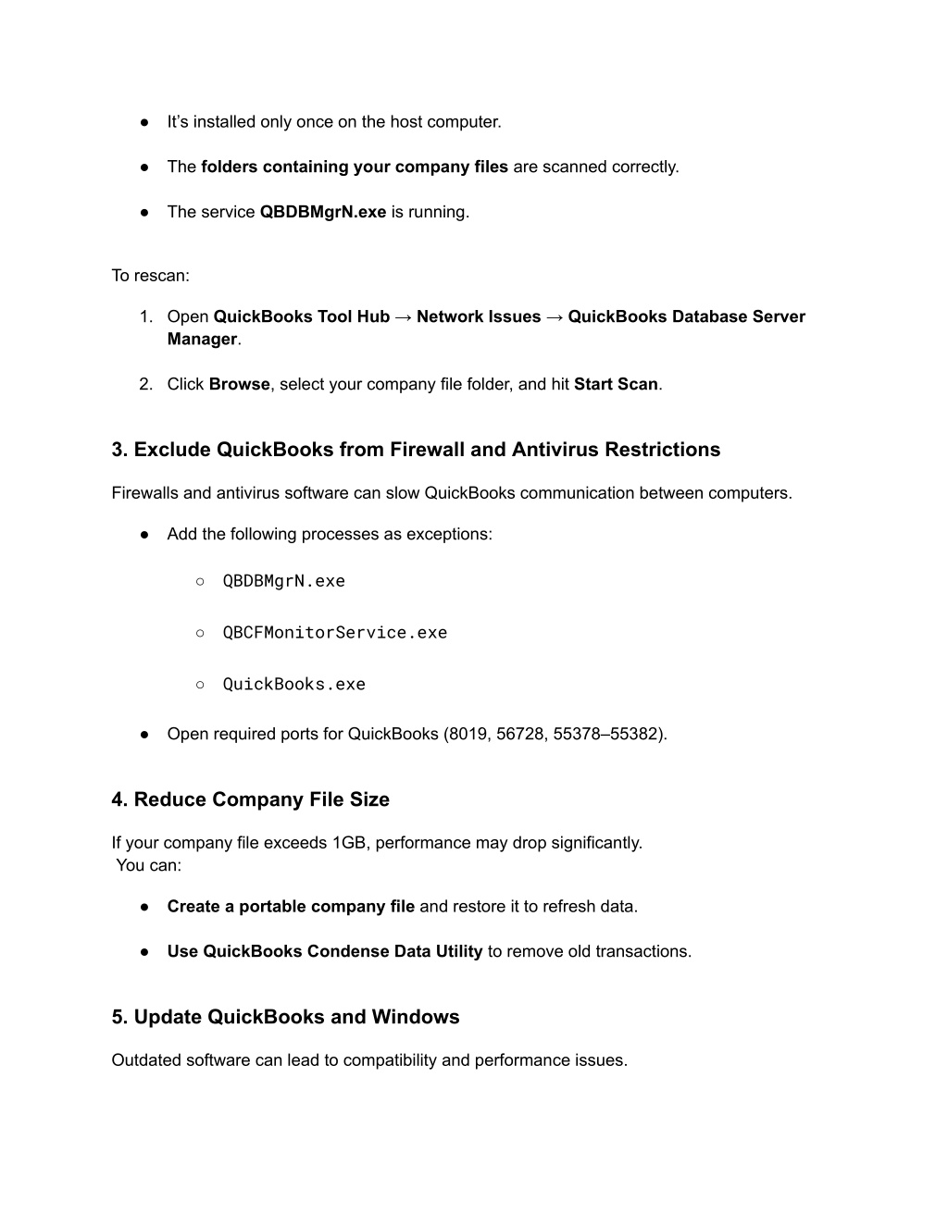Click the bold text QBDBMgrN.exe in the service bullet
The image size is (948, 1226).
pos(323,212)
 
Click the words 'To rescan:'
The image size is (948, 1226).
pos(150,276)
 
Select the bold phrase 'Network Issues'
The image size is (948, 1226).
pos(478,316)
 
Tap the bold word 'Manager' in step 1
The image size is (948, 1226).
pos(202,340)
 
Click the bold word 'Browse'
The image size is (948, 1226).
pos(239,384)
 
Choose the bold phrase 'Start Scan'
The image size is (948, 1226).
pos(616,384)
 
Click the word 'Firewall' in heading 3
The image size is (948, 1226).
pos(426,450)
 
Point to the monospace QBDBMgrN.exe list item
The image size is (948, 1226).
pos(283,581)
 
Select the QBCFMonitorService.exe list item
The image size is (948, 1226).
pos(334,633)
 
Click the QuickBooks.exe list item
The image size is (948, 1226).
pos(293,685)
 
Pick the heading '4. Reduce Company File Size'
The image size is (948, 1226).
pos(250,799)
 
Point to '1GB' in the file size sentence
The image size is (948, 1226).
pos(349,843)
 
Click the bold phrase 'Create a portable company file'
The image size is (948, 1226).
pos(291,907)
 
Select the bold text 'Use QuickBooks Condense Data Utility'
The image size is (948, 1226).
pos(324,951)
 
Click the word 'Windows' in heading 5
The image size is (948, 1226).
pos(416,1017)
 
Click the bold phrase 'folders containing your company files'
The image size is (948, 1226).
pos(354,167)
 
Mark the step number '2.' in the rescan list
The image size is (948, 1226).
pos(145,384)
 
